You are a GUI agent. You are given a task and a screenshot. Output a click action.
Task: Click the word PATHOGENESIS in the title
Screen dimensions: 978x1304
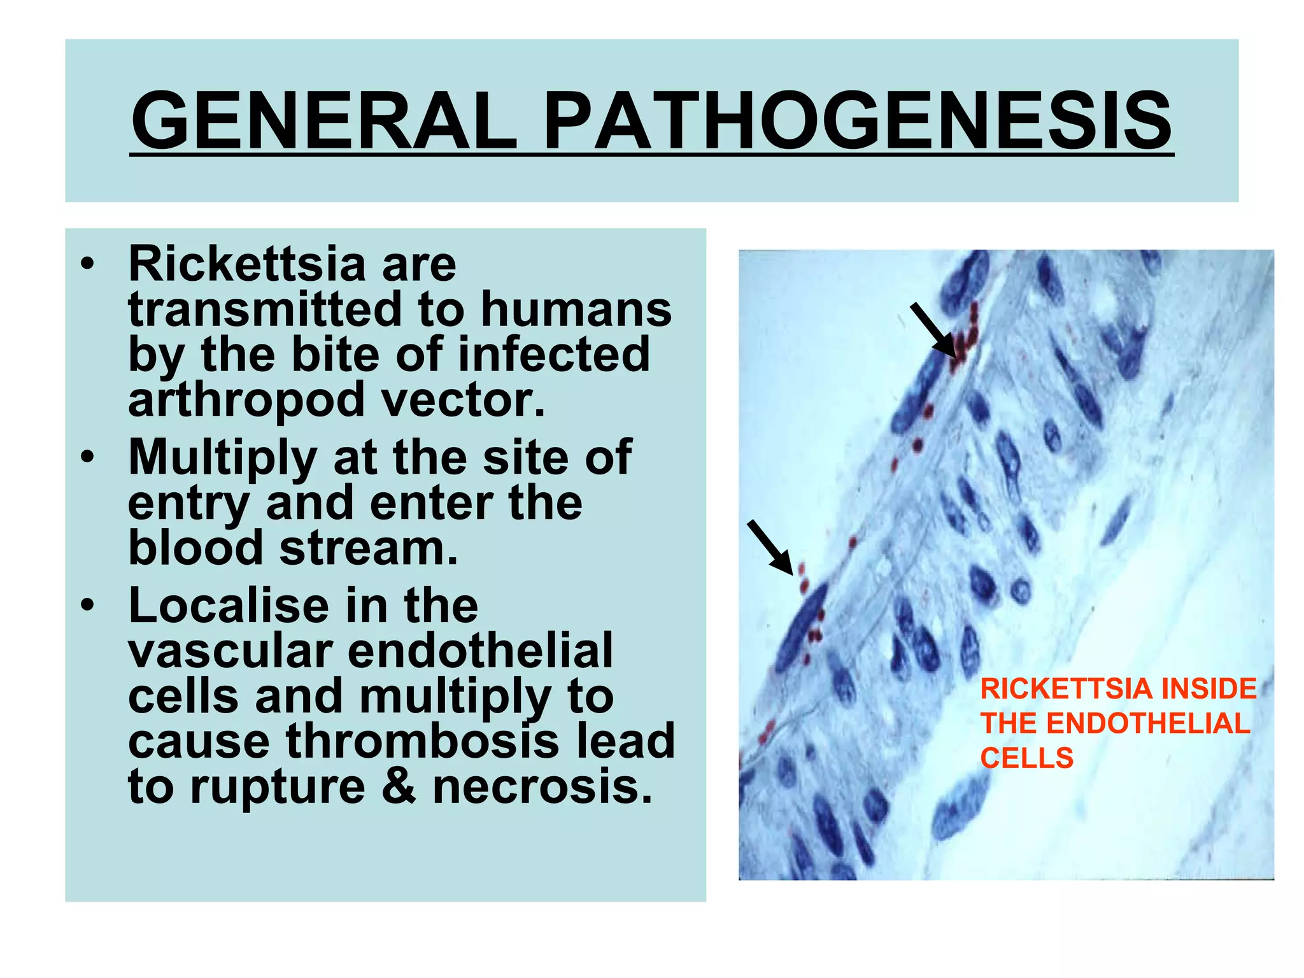point(857,120)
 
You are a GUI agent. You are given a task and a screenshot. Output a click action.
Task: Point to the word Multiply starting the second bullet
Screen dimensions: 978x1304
point(222,458)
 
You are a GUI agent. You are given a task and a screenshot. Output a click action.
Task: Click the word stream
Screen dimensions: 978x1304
point(369,548)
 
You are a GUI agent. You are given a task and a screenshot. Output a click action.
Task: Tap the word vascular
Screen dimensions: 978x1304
point(230,651)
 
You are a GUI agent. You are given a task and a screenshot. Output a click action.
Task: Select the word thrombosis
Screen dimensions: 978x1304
point(422,741)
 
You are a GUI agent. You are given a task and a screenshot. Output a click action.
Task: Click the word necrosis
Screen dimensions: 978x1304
point(542,787)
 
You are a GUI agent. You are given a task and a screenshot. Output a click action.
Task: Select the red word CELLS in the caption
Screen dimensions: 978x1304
point(1026,758)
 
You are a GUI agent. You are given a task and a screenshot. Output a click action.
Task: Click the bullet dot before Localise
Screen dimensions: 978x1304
point(89,606)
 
